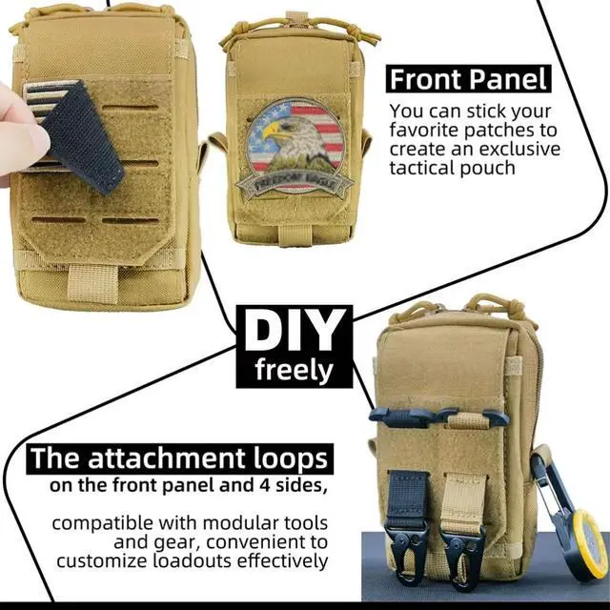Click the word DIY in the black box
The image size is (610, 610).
(295, 331)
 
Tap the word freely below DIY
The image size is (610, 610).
(295, 370)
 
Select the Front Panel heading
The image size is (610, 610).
(468, 79)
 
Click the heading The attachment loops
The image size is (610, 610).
(179, 458)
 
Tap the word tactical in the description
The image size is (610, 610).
(421, 168)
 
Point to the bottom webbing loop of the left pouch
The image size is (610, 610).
(92, 283)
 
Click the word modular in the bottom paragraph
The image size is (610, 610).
(240, 523)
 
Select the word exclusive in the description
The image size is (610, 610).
(519, 150)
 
